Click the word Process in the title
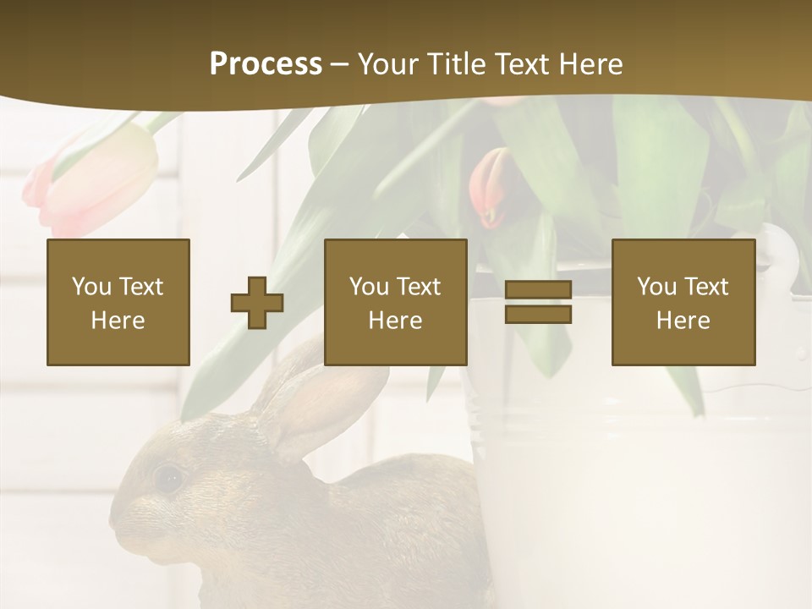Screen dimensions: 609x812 266,64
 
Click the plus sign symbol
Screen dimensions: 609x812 257,303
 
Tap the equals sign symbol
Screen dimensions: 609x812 538,302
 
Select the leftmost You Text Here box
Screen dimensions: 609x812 118,303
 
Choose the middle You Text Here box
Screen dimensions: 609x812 395,303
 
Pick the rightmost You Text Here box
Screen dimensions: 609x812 683,303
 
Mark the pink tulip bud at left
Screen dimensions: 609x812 93,182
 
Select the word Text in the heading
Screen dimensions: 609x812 521,64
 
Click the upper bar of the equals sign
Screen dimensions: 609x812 538,290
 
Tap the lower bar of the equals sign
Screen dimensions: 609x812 538,315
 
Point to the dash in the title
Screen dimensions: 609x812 339,64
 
